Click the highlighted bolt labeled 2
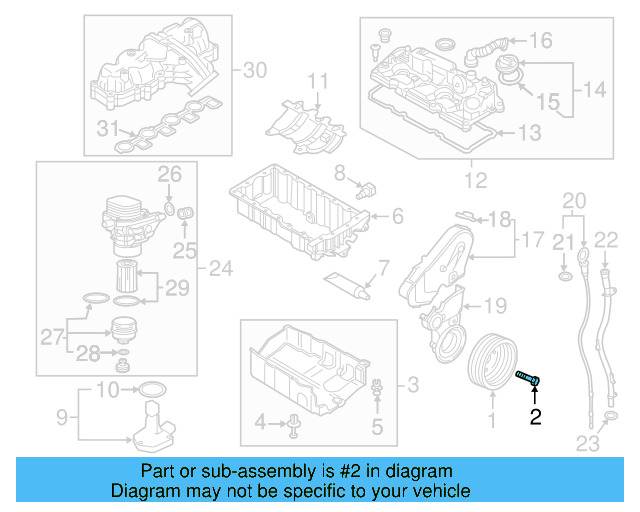coord(528,378)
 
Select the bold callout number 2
coord(535,417)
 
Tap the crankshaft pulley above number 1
coord(492,363)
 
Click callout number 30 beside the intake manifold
coord(256,70)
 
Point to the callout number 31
coord(105,128)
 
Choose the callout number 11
coord(317,80)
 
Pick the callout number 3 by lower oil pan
coord(412,383)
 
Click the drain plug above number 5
coord(376,389)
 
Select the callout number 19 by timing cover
coord(496,305)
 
